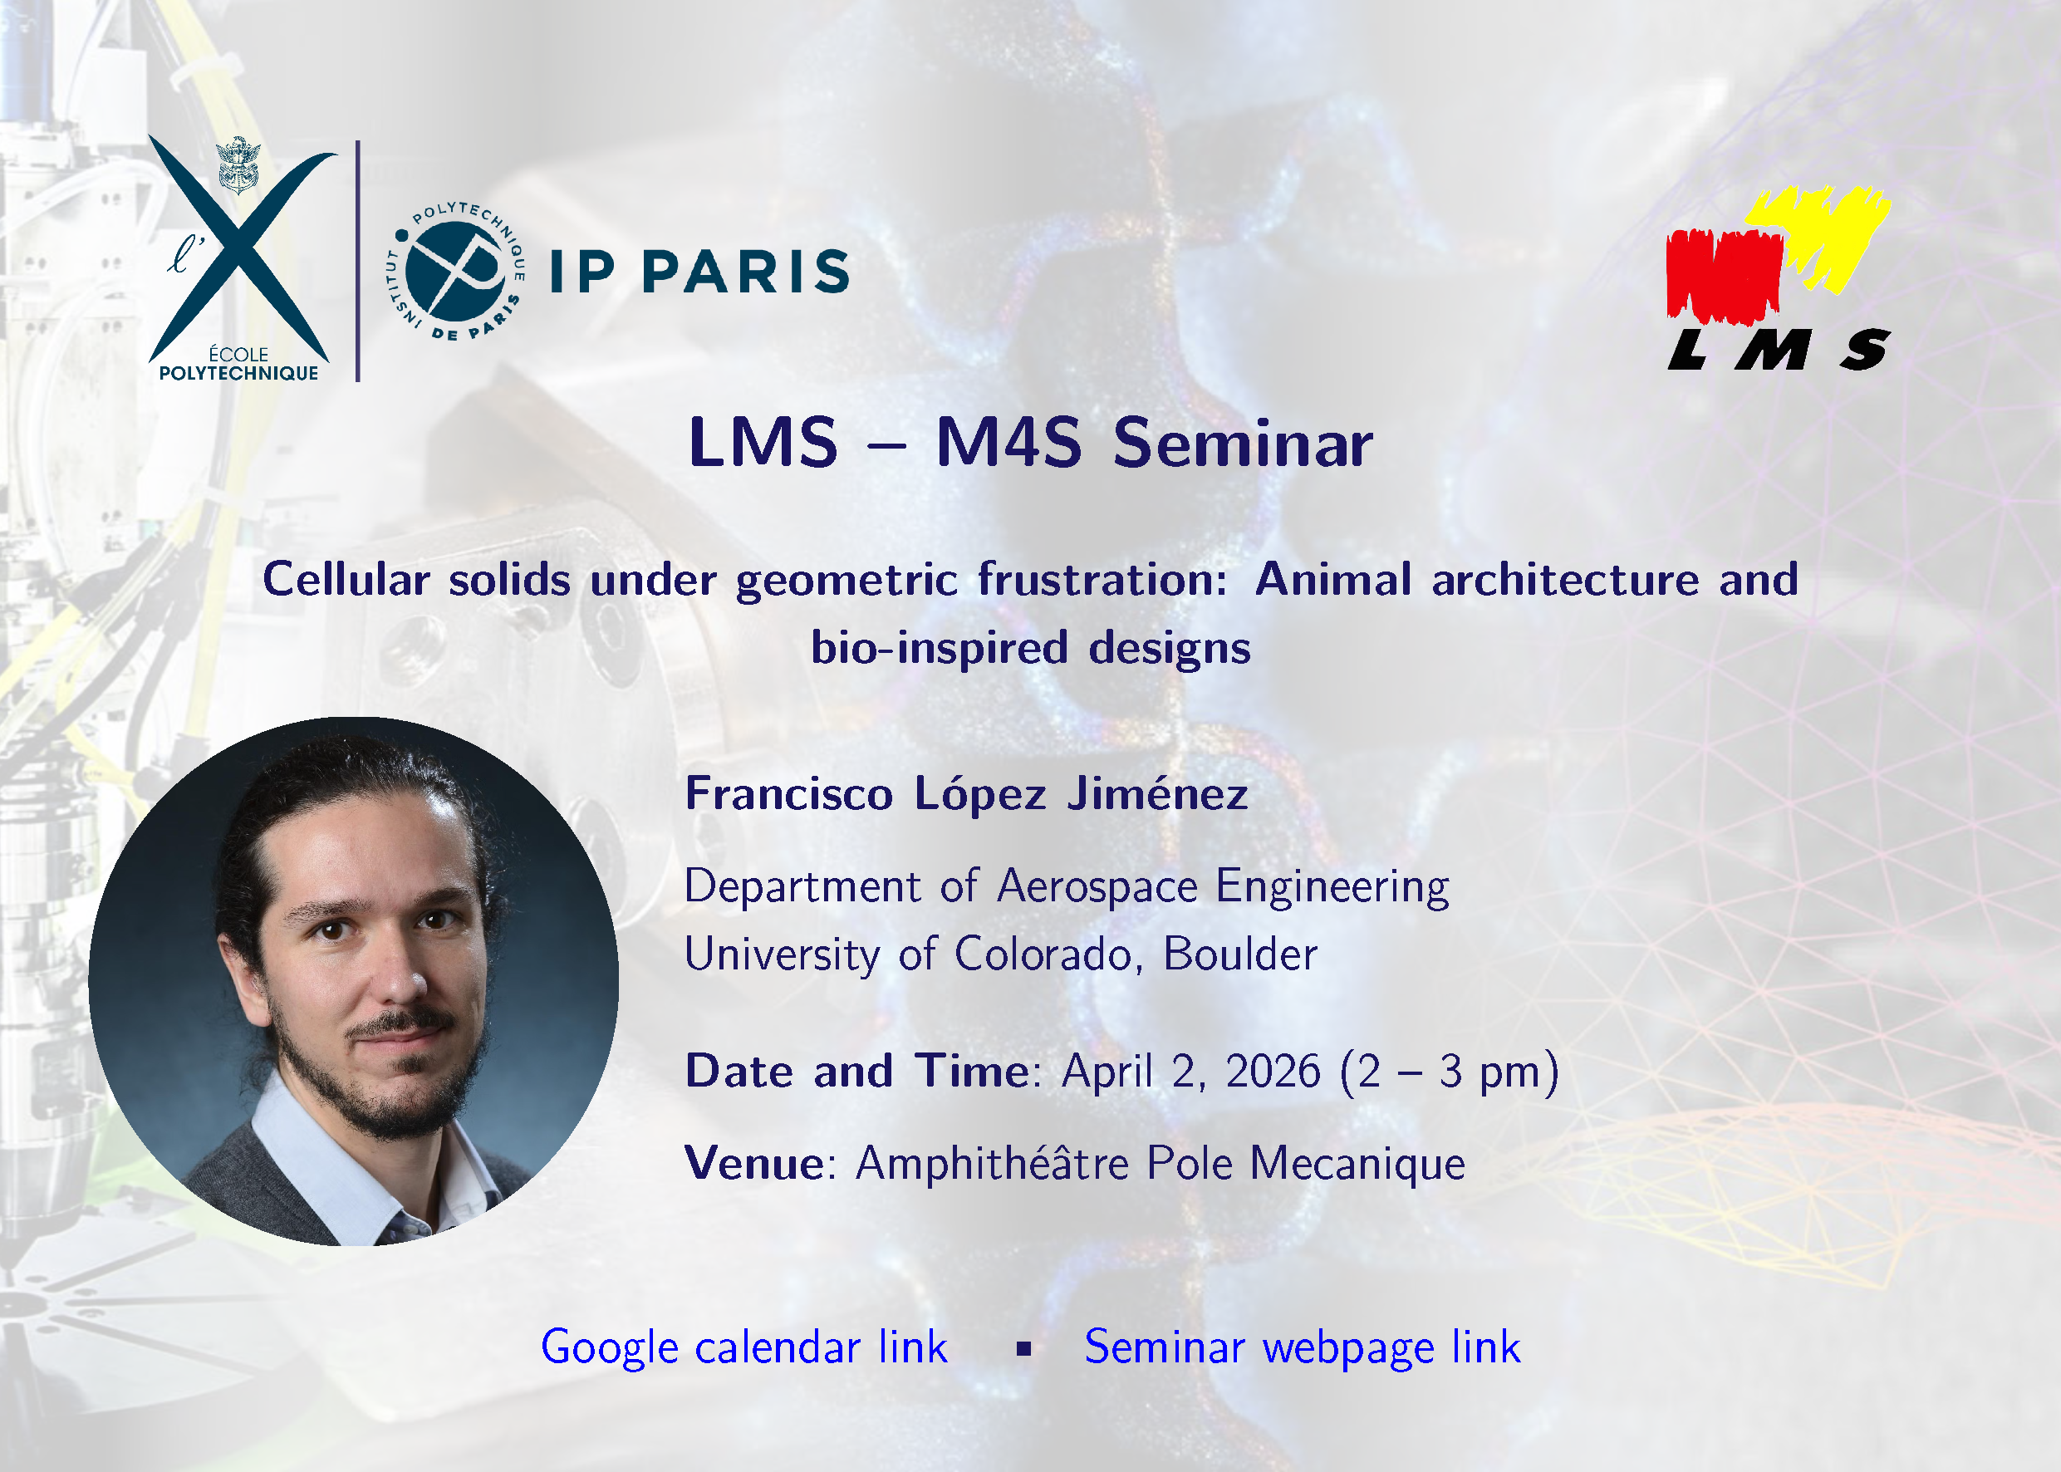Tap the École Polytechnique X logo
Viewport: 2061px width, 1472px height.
241,259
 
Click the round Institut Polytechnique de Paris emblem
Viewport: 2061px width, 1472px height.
455,271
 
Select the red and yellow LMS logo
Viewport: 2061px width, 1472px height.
1779,278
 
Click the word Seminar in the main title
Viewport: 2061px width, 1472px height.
1243,444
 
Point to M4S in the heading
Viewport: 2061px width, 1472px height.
1008,444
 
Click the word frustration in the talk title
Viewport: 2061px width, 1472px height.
1102,580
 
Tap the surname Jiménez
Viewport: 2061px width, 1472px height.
1157,793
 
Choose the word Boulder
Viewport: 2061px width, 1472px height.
1240,954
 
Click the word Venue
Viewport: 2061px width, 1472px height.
754,1164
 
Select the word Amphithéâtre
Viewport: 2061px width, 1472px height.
993,1164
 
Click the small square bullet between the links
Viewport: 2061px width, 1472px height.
1024,1350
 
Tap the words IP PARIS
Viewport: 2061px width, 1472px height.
699,271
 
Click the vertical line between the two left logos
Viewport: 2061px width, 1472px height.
358,261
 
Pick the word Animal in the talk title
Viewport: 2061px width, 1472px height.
1333,580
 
